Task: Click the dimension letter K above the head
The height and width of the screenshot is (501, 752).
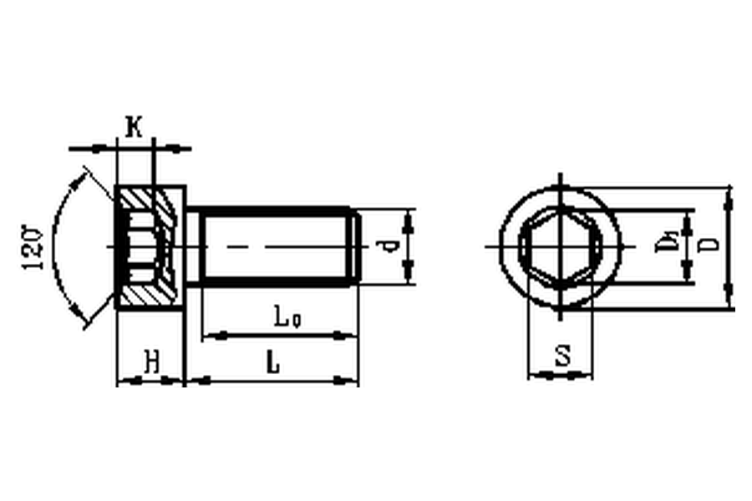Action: click(134, 127)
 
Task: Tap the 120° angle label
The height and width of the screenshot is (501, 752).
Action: click(33, 247)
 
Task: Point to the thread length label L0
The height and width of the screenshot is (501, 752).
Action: click(287, 317)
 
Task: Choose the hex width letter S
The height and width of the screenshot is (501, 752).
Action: click(562, 357)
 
